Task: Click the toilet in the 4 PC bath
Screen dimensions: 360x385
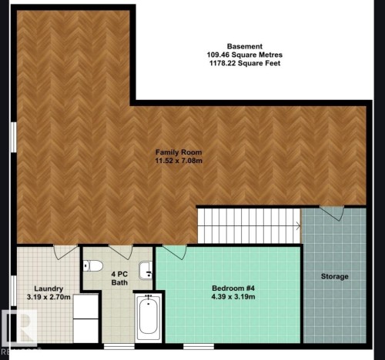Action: (93, 266)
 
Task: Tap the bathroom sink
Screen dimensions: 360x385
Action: (146, 270)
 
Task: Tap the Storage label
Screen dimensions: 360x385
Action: (334, 276)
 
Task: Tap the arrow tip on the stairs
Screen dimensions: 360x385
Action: (300, 225)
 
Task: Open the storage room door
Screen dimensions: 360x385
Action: (332, 212)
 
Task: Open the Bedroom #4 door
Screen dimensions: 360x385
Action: (174, 252)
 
